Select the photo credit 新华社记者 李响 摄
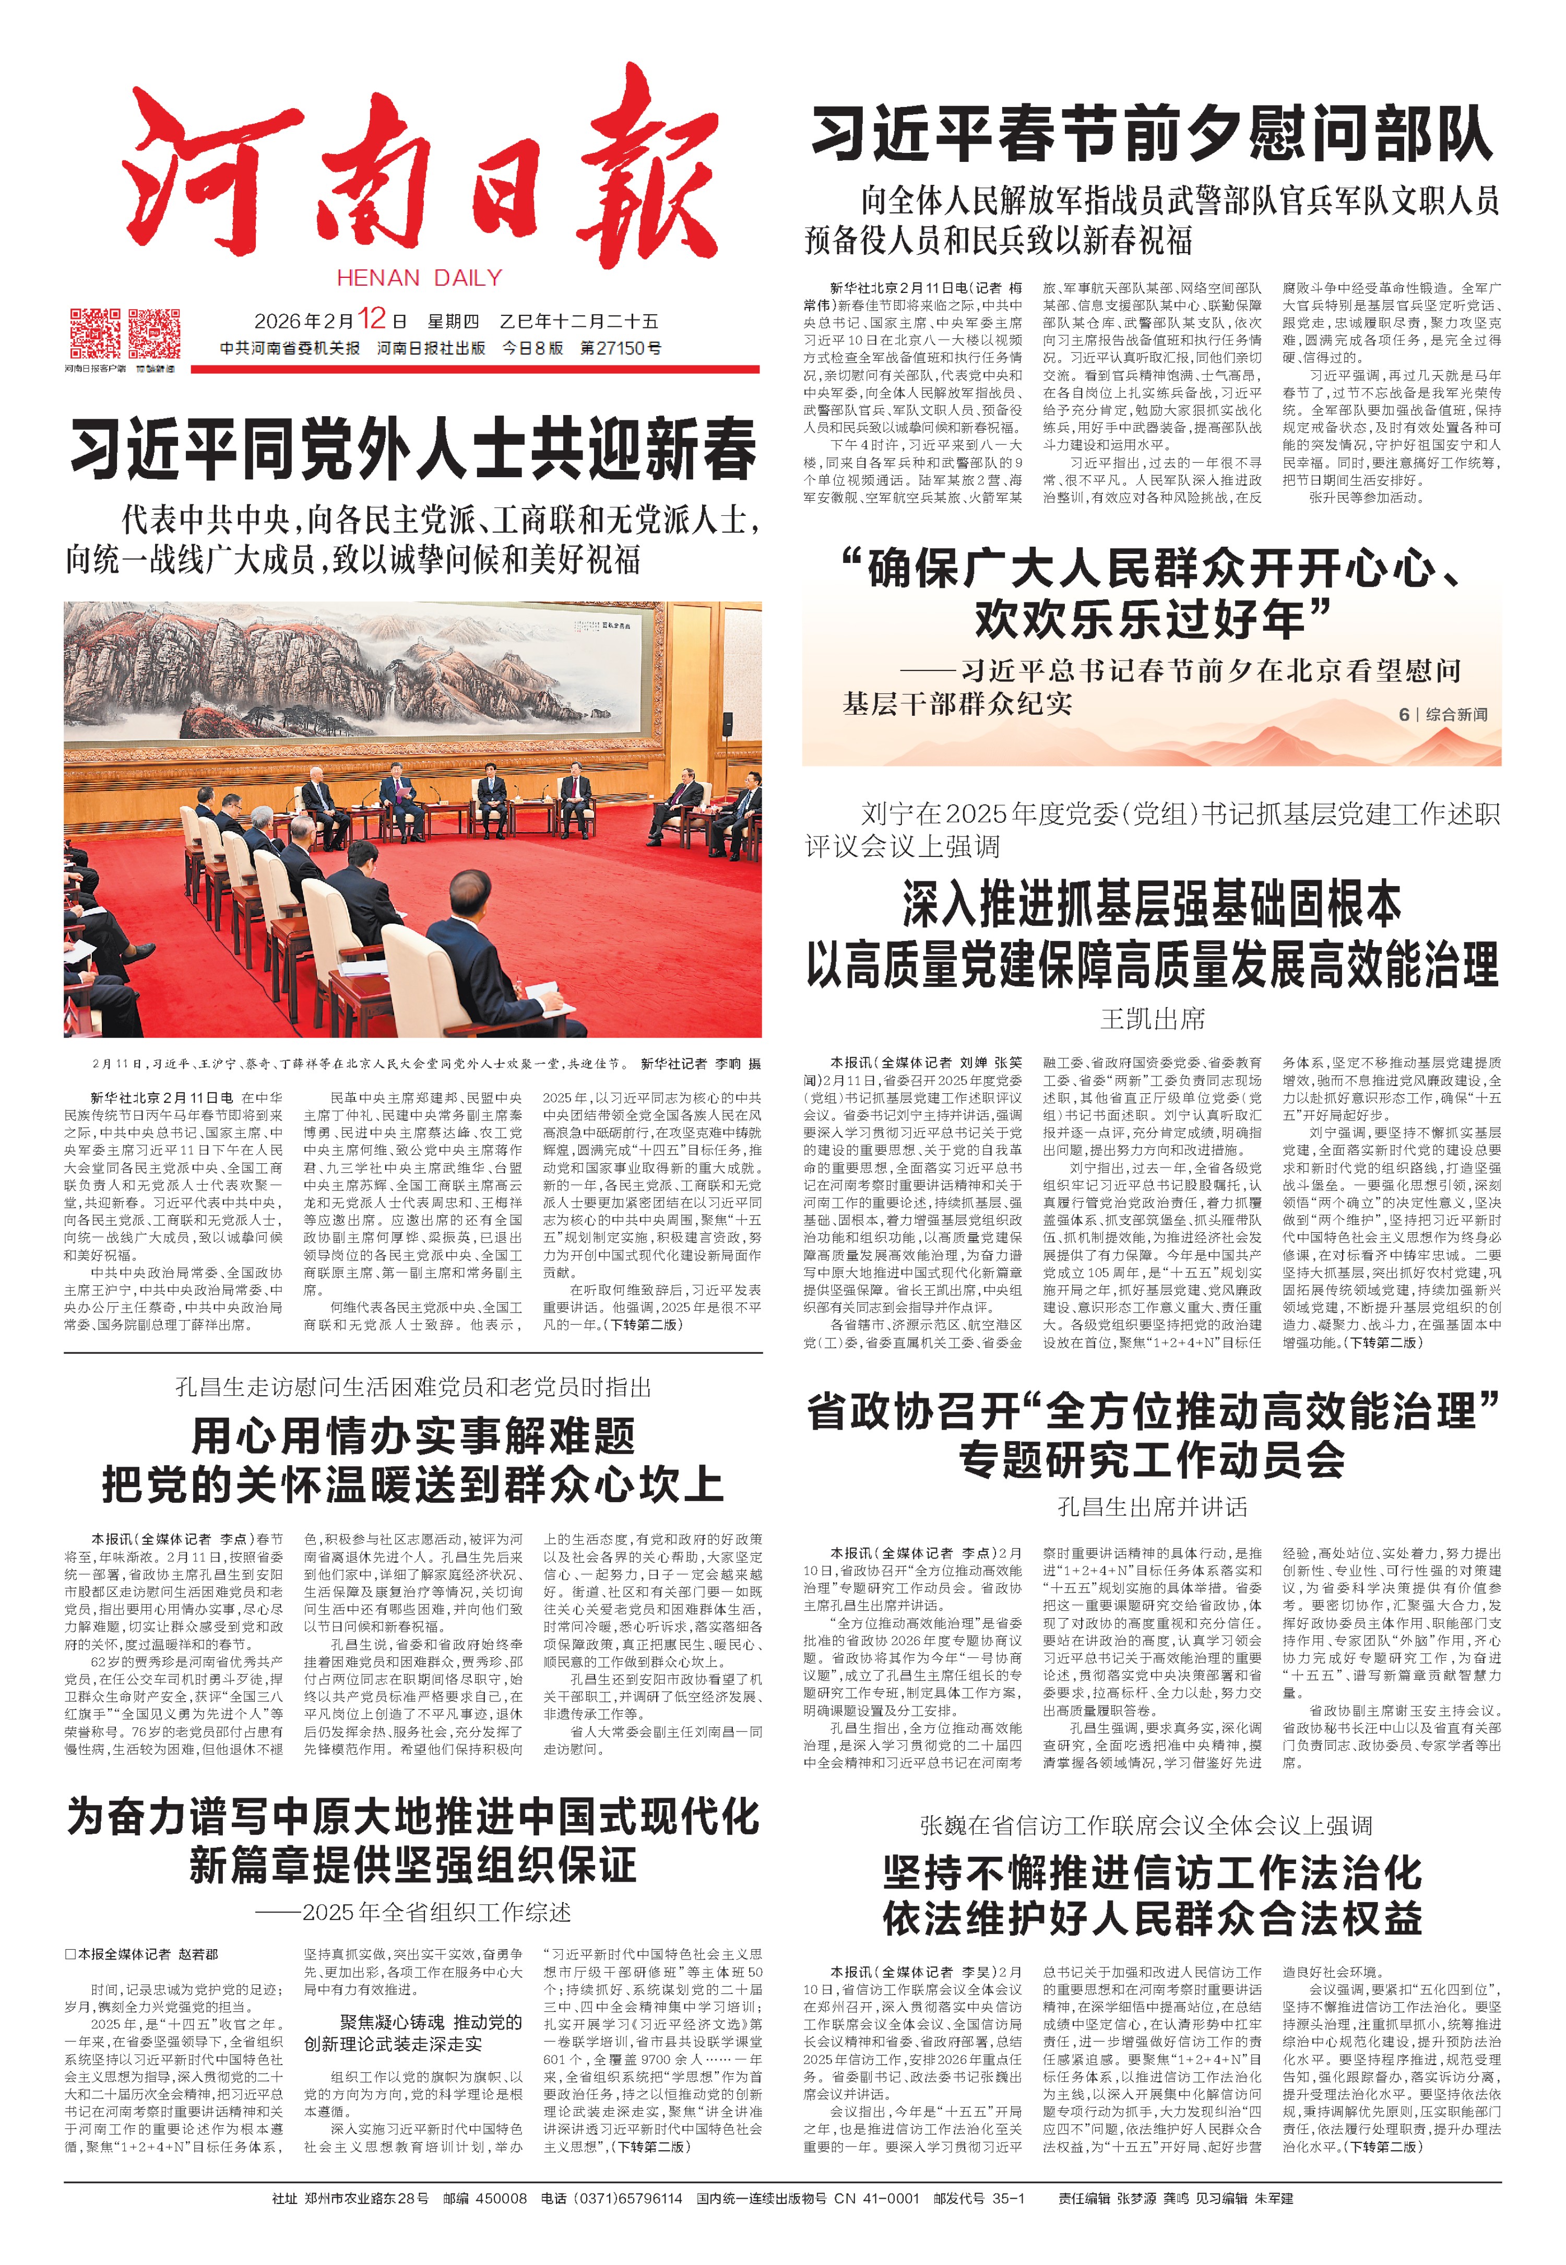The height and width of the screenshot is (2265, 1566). [701, 1063]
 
